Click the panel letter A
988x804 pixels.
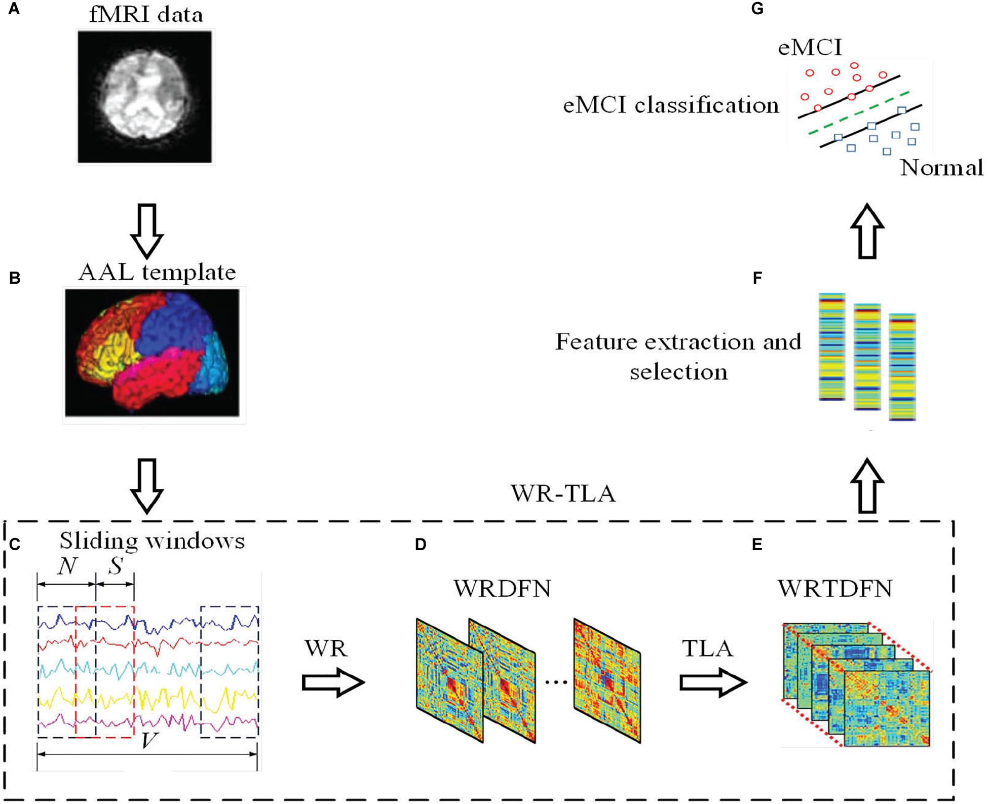(14, 9)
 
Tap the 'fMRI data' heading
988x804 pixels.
(146, 14)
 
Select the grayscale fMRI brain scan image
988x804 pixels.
(145, 97)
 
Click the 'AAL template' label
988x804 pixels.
(157, 272)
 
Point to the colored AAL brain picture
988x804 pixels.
(153, 353)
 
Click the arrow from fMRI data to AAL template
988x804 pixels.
(147, 231)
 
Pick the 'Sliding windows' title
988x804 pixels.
(152, 541)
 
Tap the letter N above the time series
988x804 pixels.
(67, 566)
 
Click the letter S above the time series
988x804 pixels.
(116, 565)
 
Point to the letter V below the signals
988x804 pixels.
(149, 741)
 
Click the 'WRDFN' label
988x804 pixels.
(502, 589)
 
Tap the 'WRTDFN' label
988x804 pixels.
(835, 589)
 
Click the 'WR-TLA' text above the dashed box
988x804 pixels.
(563, 493)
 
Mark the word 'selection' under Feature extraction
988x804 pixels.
(678, 372)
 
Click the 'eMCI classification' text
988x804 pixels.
(671, 105)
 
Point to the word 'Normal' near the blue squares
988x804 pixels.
(941, 168)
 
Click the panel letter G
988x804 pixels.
(757, 9)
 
